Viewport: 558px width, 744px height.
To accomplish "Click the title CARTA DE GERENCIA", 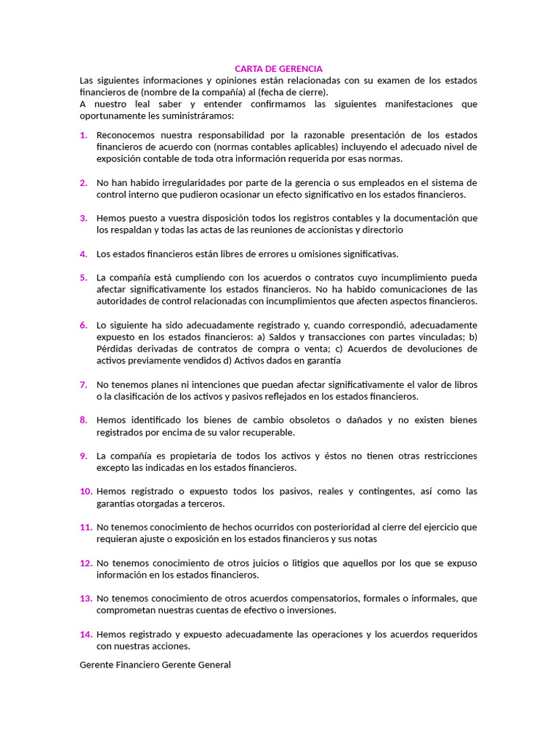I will (x=278, y=68).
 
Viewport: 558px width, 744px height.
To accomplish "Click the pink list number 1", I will (x=84, y=135).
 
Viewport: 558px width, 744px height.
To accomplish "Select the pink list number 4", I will (x=84, y=254).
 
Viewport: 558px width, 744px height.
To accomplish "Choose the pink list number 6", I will (x=84, y=325).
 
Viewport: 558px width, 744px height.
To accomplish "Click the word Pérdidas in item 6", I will (x=115, y=349).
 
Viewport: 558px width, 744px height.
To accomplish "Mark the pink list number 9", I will (x=84, y=456).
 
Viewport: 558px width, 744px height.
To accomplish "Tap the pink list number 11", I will (x=86, y=527).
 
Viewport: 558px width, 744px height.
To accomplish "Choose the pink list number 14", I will (x=86, y=634).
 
